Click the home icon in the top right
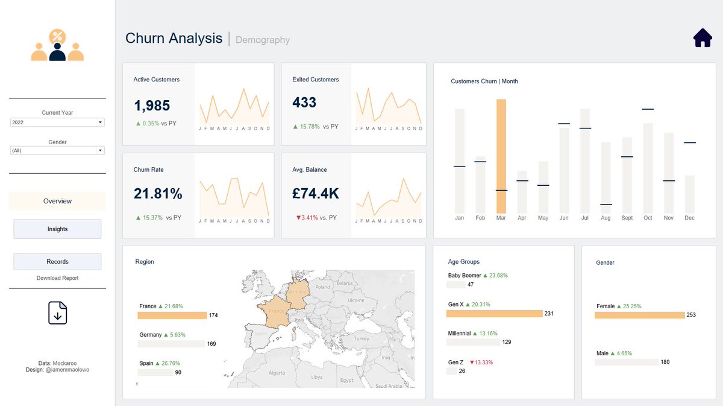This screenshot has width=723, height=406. (703, 38)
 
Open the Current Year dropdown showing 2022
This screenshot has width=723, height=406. (57, 122)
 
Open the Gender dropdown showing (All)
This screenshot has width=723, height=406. (57, 151)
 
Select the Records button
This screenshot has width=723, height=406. (57, 262)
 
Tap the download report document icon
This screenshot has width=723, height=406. (57, 313)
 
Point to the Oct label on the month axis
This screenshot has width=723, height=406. (648, 218)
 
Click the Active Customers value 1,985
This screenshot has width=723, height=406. (152, 106)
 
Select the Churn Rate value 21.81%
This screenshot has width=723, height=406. (158, 194)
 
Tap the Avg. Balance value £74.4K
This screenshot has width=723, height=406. (316, 194)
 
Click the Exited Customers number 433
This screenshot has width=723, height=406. (304, 103)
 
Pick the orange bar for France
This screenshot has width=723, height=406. (172, 316)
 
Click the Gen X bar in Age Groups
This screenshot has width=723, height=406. (494, 314)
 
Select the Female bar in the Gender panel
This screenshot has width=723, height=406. (639, 315)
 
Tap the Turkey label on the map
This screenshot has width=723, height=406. (361, 339)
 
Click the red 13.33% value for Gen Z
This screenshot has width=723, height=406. (481, 363)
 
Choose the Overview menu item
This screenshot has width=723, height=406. (57, 201)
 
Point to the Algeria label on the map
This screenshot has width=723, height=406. (277, 373)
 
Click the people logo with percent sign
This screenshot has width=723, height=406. (57, 46)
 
